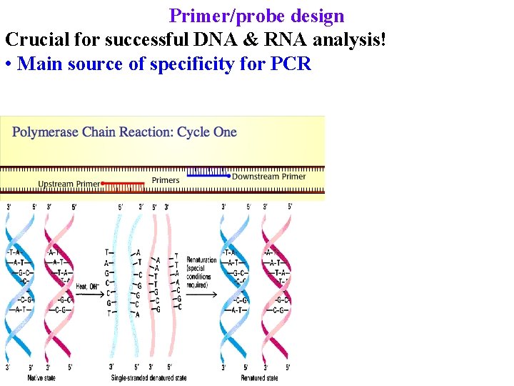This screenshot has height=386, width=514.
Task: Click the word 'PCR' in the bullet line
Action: point(291,64)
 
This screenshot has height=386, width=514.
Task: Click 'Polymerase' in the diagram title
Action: point(46,132)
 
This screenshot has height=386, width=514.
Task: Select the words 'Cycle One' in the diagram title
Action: point(207,132)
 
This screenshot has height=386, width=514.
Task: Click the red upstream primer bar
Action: point(124,184)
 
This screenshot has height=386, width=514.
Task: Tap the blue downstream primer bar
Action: point(208,174)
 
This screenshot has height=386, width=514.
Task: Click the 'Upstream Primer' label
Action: point(69,184)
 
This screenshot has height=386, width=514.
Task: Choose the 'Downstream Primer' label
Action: point(269,177)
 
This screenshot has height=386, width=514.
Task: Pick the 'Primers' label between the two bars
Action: point(166,180)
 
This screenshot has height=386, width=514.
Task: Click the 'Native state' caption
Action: point(44,377)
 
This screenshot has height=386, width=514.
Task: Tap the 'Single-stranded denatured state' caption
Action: point(148,377)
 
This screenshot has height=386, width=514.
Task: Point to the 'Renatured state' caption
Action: point(259,377)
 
